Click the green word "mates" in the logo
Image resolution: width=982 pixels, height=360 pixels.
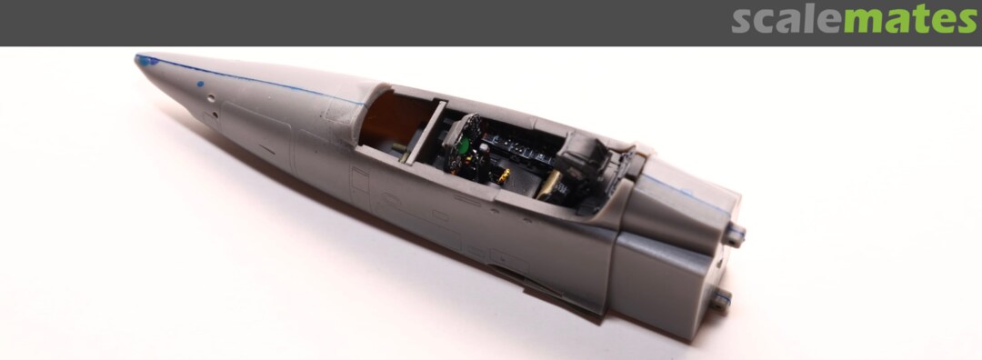tap(910, 21)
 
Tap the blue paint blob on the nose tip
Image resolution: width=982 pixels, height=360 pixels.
tap(144, 60)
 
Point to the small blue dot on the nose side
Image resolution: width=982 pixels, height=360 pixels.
tap(200, 84)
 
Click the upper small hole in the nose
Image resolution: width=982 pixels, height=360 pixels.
tap(212, 97)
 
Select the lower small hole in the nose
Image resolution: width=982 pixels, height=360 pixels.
tap(215, 115)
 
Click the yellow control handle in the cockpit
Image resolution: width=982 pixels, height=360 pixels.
tap(502, 178)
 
